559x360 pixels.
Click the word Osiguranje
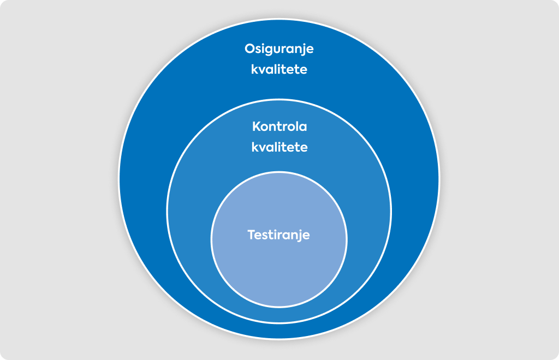(x=279, y=49)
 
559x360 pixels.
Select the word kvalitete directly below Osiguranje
(x=279, y=69)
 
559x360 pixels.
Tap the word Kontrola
(x=279, y=127)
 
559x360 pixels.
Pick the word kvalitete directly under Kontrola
(x=279, y=147)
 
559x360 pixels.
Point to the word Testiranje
(x=279, y=236)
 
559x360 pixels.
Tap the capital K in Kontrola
(x=257, y=127)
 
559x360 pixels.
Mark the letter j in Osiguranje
(x=302, y=50)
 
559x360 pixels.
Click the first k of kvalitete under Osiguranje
(x=255, y=69)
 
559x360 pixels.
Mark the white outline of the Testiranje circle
(x=279, y=172)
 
